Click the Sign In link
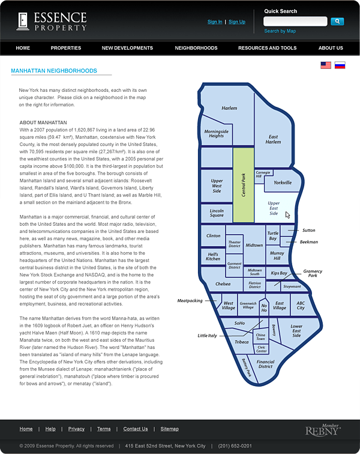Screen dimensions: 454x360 tap(215, 22)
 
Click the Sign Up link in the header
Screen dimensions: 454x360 tap(237, 22)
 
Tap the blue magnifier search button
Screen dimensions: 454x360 tap(337, 22)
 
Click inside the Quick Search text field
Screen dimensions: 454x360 tap(295, 22)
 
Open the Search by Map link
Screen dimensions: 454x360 tap(280, 31)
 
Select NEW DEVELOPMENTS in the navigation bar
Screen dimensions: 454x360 tap(127, 48)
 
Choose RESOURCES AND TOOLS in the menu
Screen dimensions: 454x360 tap(267, 48)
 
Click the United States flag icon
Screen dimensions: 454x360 tap(326, 65)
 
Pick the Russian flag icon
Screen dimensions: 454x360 tap(340, 65)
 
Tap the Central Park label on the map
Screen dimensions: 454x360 tap(244, 184)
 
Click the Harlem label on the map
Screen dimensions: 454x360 tap(229, 109)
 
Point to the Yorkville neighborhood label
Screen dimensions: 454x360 tap(282, 182)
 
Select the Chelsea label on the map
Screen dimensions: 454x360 tap(223, 283)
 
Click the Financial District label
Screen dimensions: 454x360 tap(265, 365)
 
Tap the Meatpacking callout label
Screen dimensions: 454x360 tap(190, 300)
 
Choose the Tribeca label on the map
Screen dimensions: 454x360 tap(241, 342)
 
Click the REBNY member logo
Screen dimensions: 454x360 tap(323, 430)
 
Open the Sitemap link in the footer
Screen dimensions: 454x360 tap(169, 429)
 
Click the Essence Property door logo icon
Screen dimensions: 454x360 tap(23, 21)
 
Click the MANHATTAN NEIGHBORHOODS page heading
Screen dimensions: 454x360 tap(53, 71)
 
